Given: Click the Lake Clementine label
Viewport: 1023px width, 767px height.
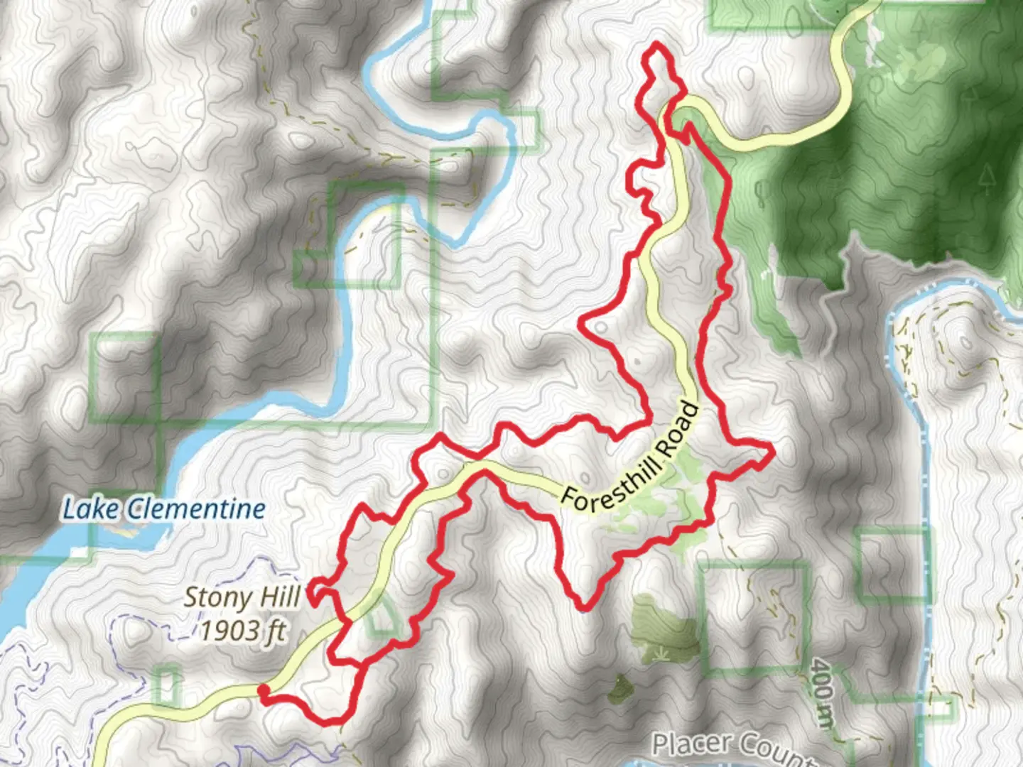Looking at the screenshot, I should [164, 509].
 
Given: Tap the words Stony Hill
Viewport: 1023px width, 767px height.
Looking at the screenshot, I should [242, 597].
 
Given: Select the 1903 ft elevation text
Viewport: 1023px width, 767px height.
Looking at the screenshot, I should [242, 630].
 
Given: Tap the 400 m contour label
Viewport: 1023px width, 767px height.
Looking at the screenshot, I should [823, 692].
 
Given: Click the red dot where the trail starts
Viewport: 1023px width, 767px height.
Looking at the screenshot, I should [263, 690].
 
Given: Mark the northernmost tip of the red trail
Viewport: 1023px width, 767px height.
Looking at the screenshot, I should [656, 44].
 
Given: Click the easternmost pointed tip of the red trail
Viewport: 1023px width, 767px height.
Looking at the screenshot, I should [771, 449].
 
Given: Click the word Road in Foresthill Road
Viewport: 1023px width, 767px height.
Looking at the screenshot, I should [678, 430].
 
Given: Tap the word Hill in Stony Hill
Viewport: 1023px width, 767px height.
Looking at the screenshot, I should [280, 597].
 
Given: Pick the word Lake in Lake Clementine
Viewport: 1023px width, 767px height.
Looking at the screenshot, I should [81, 509].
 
